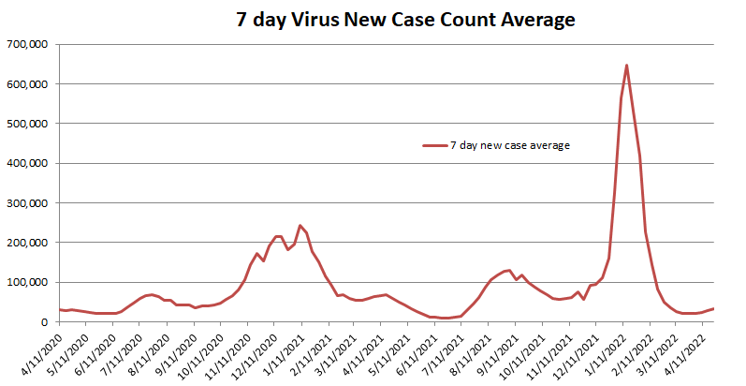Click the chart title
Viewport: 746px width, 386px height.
(x=404, y=19)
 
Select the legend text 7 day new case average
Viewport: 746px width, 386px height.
(x=510, y=145)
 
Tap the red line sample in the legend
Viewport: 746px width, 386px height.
(x=434, y=146)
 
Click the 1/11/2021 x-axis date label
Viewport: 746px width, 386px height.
(x=287, y=353)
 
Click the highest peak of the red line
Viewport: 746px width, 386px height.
(x=626, y=66)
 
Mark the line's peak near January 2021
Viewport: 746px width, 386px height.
(x=300, y=226)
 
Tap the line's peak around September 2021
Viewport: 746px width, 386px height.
(x=508, y=271)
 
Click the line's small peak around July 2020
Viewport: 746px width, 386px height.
(x=151, y=294)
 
